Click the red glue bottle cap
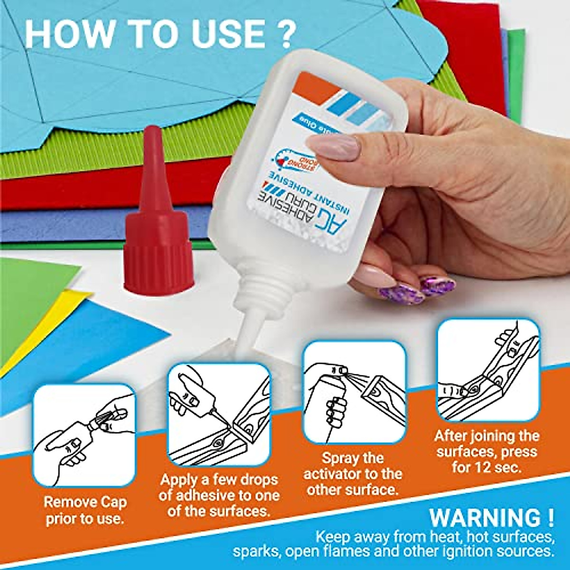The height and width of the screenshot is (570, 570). pyautogui.click(x=158, y=228)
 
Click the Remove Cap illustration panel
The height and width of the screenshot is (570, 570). pyautogui.click(x=85, y=435)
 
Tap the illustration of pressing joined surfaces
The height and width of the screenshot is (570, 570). pyautogui.click(x=488, y=370)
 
